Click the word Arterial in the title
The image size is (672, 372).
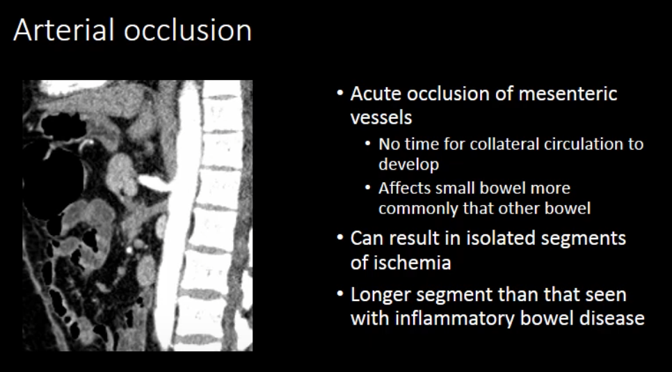coord(64,30)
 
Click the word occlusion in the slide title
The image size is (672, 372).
coord(188,30)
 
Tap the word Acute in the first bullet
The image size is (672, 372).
coord(375,93)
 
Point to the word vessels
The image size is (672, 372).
coord(381,117)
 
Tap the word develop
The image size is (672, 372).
coord(408,165)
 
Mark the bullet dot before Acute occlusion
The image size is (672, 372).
coord(340,93)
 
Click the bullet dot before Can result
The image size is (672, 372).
coord(340,237)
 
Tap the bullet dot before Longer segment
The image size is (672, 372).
coord(340,294)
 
